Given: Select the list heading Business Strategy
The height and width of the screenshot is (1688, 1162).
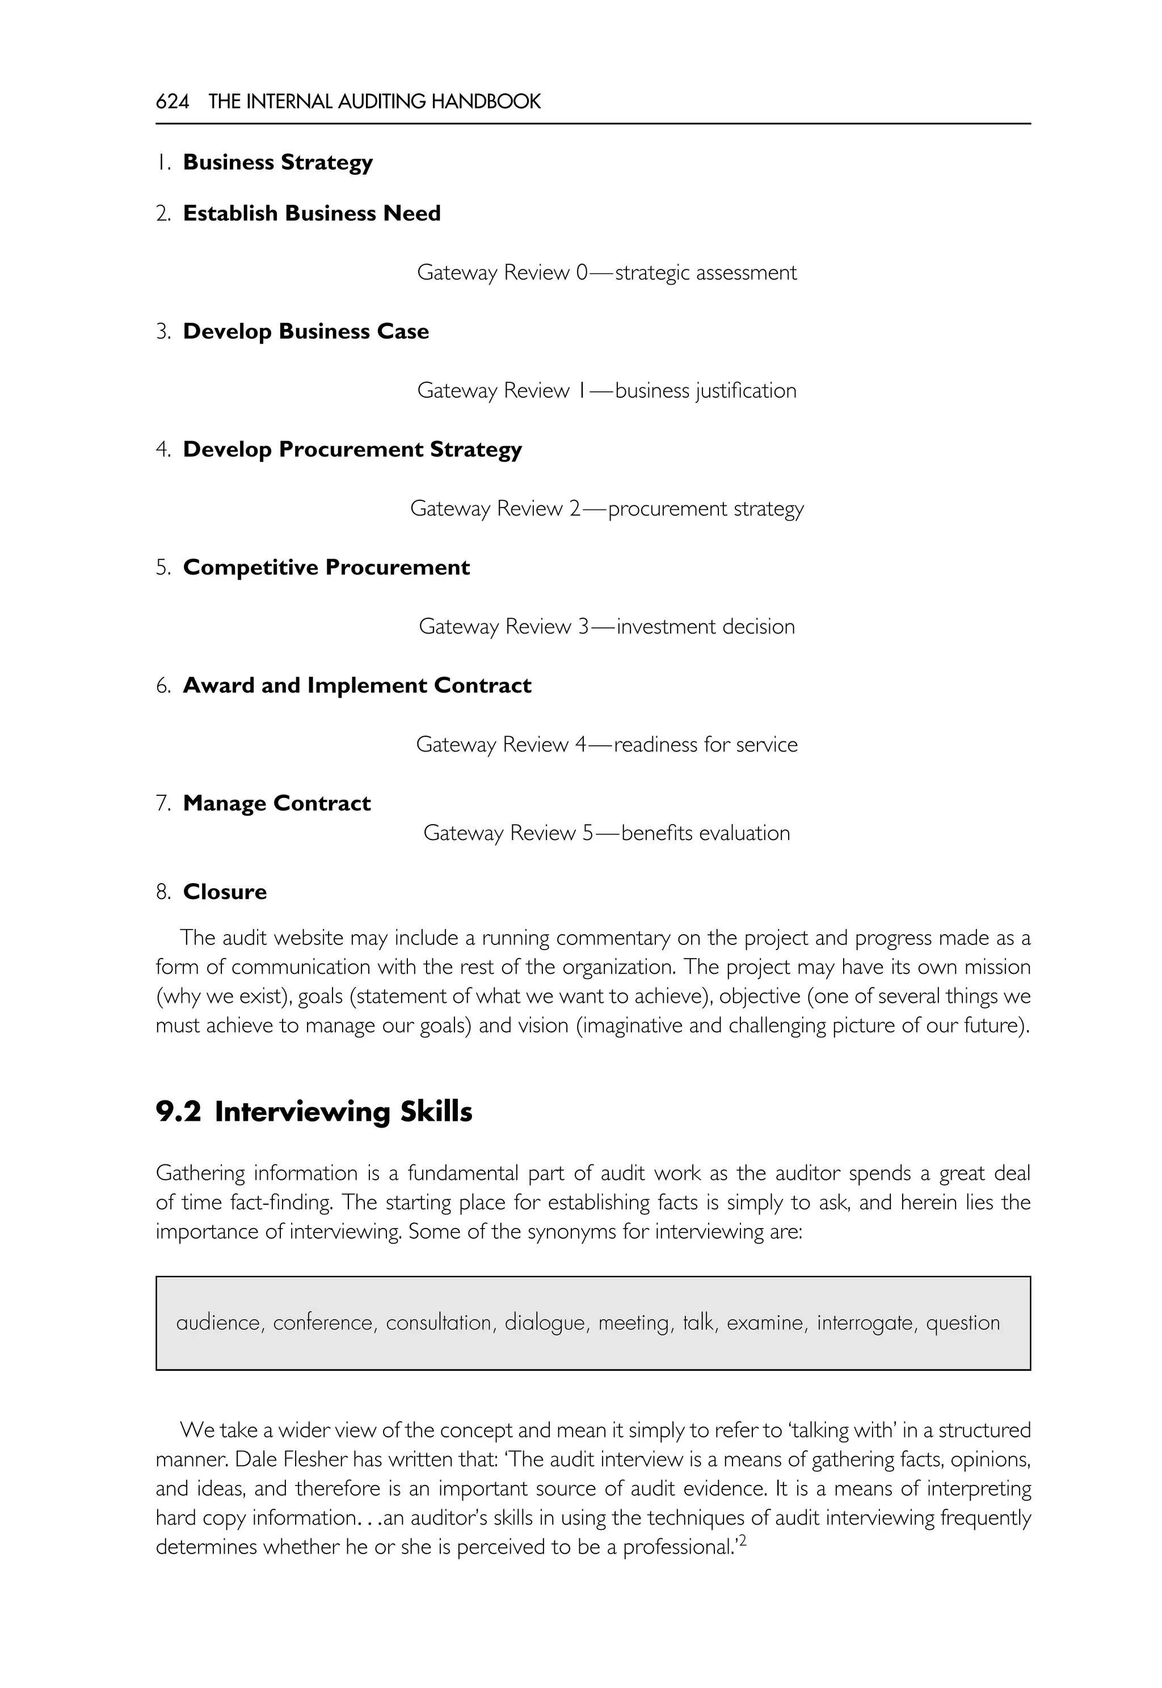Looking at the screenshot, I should [277, 162].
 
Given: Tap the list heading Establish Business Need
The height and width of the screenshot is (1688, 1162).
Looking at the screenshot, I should [311, 213].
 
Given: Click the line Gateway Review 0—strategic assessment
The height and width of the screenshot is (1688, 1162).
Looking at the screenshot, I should [607, 273].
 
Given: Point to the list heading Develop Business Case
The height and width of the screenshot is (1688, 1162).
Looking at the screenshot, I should [306, 331].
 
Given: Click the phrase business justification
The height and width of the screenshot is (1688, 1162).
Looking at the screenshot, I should [705, 391].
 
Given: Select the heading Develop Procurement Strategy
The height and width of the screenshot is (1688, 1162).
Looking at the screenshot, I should [352, 449].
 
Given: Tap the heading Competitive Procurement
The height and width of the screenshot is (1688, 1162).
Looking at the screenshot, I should [326, 567].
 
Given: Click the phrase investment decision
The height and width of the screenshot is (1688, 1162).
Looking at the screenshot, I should [705, 627].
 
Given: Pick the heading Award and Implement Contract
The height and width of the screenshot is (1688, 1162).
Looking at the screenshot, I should [357, 685].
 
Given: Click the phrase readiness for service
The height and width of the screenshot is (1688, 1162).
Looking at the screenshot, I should [705, 745].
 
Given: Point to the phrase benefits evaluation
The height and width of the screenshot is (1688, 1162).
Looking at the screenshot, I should [705, 833].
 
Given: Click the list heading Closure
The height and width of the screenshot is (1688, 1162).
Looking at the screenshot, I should [225, 892].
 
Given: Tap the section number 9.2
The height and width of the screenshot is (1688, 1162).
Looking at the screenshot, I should [178, 1112].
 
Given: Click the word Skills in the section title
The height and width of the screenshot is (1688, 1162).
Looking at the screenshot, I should [436, 1112].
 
